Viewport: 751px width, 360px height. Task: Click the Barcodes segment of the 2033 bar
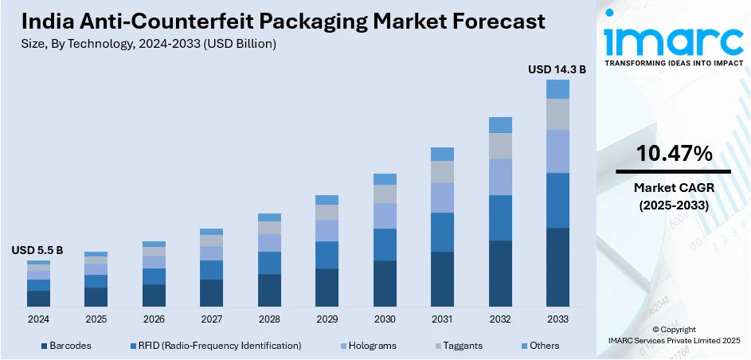[557, 267]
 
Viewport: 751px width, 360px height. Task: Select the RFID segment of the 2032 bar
[500, 217]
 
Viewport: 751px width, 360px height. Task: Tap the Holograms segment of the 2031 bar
[442, 198]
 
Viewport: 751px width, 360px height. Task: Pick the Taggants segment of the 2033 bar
[557, 114]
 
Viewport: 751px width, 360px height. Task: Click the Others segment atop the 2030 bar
[385, 179]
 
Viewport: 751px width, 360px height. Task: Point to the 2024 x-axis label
[38, 319]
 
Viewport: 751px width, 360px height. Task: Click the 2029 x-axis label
[327, 319]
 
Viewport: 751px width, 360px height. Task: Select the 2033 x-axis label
[557, 319]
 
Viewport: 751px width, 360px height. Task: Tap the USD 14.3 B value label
[557, 70]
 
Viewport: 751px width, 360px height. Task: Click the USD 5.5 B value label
[37, 250]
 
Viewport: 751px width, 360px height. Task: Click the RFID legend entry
[214, 346]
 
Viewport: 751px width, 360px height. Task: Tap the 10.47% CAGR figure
[673, 155]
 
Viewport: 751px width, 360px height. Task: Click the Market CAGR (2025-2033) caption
[673, 196]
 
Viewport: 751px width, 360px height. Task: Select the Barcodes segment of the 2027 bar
[211, 293]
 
